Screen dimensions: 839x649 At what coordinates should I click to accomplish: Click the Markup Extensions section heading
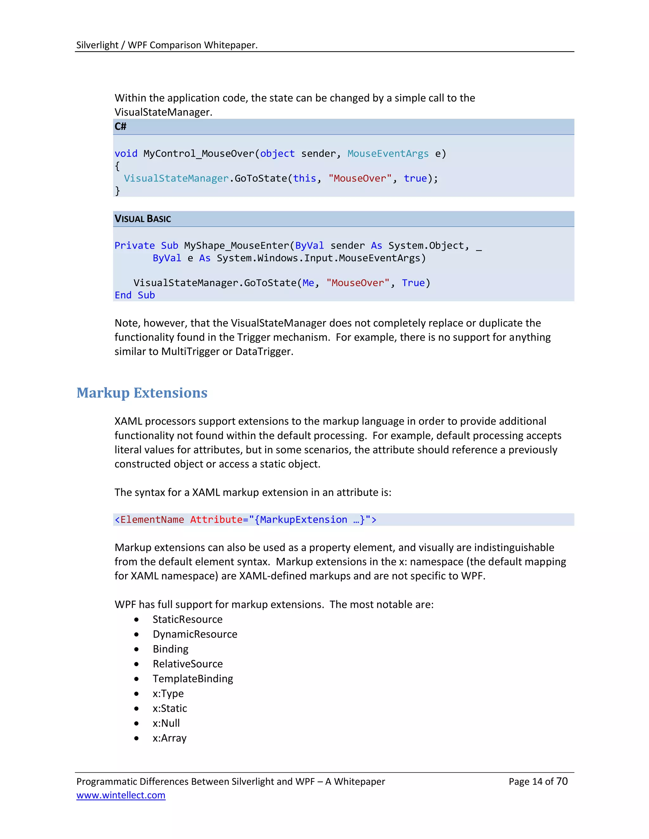pos(142,393)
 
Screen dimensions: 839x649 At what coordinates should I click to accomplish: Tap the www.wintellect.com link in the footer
pos(121,795)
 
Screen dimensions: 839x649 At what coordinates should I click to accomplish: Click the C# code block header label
pos(120,126)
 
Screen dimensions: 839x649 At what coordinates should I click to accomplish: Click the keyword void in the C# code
pos(126,154)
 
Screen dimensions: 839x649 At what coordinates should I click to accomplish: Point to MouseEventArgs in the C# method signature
pos(388,154)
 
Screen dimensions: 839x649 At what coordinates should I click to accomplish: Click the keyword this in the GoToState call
pos(305,179)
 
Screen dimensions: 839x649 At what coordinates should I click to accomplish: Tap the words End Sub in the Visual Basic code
pos(135,295)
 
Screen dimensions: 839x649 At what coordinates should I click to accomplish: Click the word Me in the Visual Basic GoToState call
pos(308,283)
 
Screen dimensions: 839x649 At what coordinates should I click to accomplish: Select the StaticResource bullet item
pos(187,619)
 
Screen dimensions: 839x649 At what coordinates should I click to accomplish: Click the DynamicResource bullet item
pos(195,634)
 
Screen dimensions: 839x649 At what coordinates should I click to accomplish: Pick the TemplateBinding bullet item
pos(193,679)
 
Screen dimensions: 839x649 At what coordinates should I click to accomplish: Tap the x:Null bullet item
pos(166,723)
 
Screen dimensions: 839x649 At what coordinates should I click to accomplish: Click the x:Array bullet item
pos(169,738)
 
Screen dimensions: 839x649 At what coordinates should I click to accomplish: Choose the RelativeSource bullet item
pos(188,664)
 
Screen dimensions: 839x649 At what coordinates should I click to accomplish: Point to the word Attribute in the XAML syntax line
pos(216,520)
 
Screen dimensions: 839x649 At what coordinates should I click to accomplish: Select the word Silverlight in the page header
pos(97,45)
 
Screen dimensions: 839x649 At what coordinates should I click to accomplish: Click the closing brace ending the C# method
pos(117,191)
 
